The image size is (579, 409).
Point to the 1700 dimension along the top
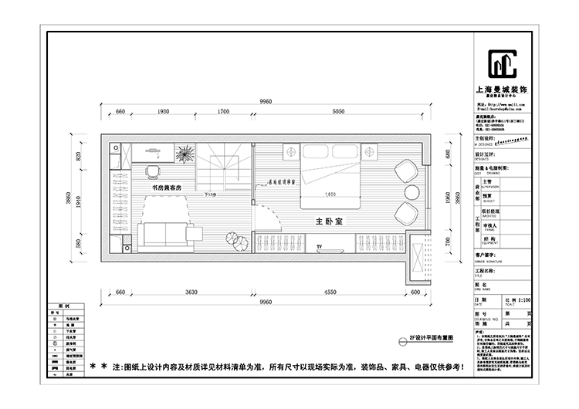coord(222,113)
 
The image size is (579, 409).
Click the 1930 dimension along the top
coord(163,113)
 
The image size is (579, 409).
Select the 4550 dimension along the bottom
coord(330,292)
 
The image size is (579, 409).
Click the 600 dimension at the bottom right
coord(415,292)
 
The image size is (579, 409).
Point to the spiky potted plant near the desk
coord(186,155)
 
